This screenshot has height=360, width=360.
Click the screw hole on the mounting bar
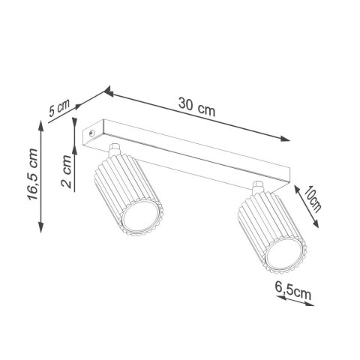coord(91,130)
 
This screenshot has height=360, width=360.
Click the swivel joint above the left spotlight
coord(115,150)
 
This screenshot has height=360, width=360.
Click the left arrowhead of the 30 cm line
coord(108,92)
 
